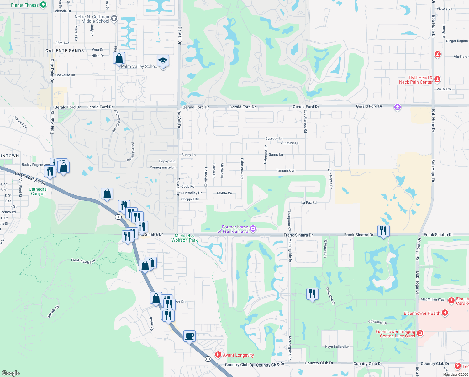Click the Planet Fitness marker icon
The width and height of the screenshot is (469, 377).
point(43,5)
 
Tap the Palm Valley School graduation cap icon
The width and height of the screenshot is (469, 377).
point(163,61)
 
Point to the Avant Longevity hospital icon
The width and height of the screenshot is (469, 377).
point(218,355)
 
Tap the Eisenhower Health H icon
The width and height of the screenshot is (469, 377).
point(445,313)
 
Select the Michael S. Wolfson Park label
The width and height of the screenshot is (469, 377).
point(184,238)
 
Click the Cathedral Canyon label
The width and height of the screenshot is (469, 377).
point(38,191)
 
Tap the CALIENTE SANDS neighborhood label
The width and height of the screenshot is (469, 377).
point(65,51)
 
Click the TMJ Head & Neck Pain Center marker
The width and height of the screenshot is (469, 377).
point(437,79)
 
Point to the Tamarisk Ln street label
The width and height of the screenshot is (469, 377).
point(286,170)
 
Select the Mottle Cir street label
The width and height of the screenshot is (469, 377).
point(224,193)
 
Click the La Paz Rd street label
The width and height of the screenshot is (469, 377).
point(309,202)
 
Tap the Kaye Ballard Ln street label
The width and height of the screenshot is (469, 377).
point(337,347)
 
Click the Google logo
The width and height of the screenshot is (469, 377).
point(11,373)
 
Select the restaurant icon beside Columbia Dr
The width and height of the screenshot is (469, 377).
point(312,294)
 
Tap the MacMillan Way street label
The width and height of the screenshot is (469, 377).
point(432,299)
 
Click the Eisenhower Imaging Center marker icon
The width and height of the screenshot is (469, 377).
point(420,333)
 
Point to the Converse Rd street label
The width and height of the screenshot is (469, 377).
point(65,75)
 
